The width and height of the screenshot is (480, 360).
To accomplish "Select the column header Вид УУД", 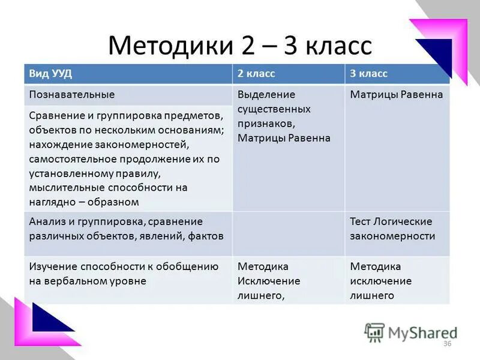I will click(x=51, y=74).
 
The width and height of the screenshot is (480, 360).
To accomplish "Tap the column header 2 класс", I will click(x=256, y=74).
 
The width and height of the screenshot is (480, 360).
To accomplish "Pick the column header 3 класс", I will click(x=369, y=74).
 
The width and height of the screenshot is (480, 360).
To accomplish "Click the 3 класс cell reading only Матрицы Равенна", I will click(x=397, y=95).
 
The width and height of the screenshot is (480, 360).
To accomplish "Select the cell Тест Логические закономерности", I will click(x=392, y=229).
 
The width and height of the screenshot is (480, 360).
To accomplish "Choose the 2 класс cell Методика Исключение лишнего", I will click(x=269, y=280).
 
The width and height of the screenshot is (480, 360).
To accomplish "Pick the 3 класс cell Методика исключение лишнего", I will click(x=380, y=280).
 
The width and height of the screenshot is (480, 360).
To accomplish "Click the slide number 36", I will click(x=446, y=343).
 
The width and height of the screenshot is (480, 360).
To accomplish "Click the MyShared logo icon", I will click(x=374, y=332).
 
